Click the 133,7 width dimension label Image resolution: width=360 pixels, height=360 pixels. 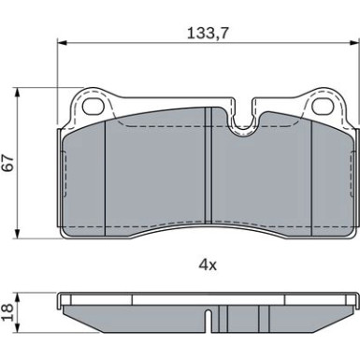pos(208,33)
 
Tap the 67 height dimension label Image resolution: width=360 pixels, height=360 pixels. pos(8,163)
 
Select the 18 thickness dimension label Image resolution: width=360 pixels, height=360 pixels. pos(7,312)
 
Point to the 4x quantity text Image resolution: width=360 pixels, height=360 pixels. pos(208,265)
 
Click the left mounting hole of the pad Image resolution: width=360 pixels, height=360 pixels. pos(93,107)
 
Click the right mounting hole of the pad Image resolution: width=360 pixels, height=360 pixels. pos(323,107)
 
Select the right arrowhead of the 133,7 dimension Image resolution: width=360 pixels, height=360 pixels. pos(354,42)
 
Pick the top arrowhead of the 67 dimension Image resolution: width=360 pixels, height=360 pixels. pos(18,93)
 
